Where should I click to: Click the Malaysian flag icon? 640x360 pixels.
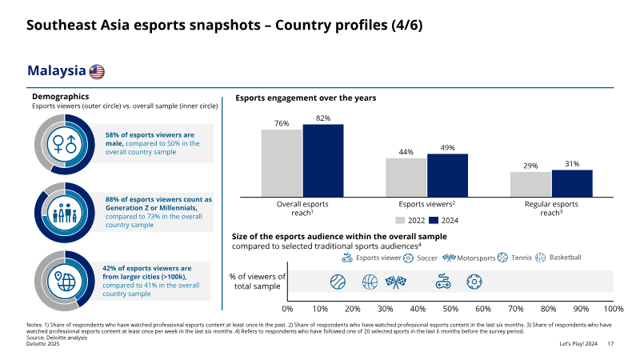coord(97,71)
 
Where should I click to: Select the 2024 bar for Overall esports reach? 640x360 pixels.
coord(323,161)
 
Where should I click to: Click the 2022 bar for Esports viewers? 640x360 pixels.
coord(406,178)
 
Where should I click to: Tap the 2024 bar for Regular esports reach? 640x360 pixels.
coord(572,183)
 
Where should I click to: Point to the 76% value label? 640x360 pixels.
coord(282,123)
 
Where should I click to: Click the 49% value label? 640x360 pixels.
coord(447,148)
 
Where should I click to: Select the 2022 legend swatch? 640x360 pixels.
coord(400,221)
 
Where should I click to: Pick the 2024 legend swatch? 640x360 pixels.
coord(434,221)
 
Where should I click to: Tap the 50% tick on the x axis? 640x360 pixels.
coord(450,309)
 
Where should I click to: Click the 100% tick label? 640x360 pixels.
coord(614,309)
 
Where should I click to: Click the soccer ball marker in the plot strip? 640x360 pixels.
coord(474,282)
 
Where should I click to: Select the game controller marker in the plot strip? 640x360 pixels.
coord(443,282)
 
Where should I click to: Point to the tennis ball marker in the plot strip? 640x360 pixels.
coord(338,282)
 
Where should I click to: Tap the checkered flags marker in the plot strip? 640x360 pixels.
coord(395,282)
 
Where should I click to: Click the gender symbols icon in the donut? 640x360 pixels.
coord(65,145)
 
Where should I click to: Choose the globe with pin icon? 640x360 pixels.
coord(65,281)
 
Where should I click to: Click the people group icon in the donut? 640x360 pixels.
coord(65,213)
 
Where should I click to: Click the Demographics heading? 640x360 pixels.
coord(61,96)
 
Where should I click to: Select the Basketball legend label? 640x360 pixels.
coord(565,258)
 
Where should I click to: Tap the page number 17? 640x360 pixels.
coord(610,344)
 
